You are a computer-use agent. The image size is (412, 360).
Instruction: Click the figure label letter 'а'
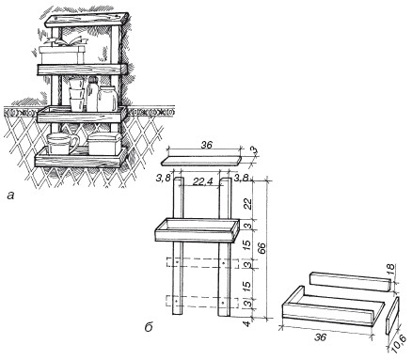(x=11, y=196)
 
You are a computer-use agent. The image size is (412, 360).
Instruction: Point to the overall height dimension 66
(x=263, y=248)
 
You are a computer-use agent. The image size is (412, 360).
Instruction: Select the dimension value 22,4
(x=201, y=182)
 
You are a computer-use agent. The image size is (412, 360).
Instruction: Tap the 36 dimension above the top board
(x=206, y=145)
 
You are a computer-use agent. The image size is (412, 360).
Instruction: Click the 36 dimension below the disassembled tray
(x=322, y=337)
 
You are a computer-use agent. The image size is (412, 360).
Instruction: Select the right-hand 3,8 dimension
(x=242, y=178)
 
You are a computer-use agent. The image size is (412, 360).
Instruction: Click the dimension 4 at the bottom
(x=247, y=323)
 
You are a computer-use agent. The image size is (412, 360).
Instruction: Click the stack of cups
(x=77, y=94)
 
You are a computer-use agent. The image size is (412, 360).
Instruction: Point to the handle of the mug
(x=74, y=144)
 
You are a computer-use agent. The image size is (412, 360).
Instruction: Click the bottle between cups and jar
(x=92, y=94)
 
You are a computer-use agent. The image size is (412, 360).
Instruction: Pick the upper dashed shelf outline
(x=203, y=263)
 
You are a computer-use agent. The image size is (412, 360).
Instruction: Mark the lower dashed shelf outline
(x=202, y=301)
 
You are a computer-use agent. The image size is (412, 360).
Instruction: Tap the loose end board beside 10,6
(x=391, y=316)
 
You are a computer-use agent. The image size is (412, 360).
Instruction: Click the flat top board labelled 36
(x=201, y=162)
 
